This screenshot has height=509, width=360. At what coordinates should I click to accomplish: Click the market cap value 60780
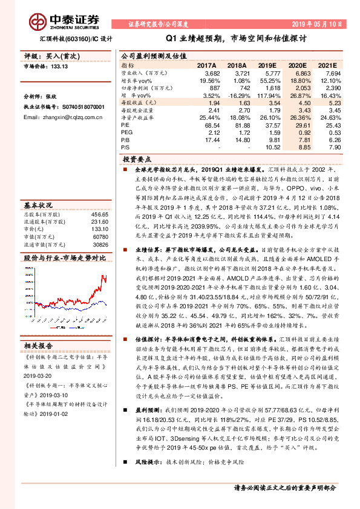point(101,229)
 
